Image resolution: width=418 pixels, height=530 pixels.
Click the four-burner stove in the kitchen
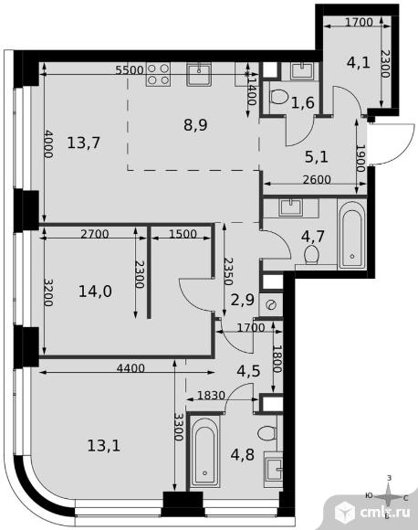(x=158, y=74)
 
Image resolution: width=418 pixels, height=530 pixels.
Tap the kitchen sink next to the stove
(x=199, y=74)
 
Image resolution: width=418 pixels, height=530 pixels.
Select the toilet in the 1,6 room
(x=279, y=98)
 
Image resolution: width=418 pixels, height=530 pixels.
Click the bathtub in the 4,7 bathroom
(x=352, y=235)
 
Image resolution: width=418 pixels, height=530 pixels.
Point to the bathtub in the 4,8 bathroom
(x=204, y=452)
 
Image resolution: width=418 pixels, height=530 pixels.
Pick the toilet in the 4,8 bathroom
(x=267, y=433)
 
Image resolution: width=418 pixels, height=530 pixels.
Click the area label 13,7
(x=84, y=143)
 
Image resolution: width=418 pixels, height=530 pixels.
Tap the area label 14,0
(x=95, y=291)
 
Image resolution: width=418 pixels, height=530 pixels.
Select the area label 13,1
(x=104, y=446)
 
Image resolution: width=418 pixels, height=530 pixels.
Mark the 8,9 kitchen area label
(x=196, y=125)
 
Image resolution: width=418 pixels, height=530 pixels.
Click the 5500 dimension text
(x=130, y=70)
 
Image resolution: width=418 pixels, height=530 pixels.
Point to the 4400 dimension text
(x=131, y=368)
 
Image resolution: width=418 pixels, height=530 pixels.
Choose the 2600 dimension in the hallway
(x=317, y=179)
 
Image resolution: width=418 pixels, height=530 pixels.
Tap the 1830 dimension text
(x=211, y=395)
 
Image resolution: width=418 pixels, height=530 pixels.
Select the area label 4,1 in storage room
(x=359, y=62)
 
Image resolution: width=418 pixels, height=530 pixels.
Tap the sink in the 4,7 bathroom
(x=291, y=207)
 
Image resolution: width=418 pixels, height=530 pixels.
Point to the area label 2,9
(x=243, y=300)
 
